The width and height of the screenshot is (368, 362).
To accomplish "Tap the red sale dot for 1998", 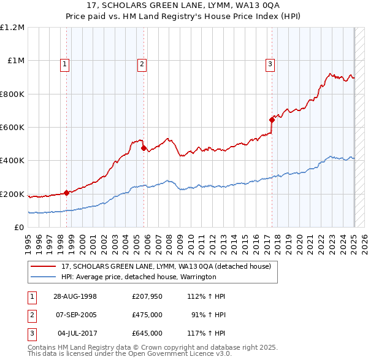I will [x=66, y=193].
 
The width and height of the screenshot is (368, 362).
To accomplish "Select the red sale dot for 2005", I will [x=144, y=148].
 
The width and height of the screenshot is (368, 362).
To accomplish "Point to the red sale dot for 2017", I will [x=272, y=120].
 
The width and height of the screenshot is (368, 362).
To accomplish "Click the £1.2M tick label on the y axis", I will [x=12, y=28].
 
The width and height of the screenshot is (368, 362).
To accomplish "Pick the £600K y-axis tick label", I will [x=12, y=128].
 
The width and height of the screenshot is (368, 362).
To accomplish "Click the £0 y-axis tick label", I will [x=18, y=228].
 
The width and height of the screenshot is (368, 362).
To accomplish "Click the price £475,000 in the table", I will [x=147, y=315].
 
